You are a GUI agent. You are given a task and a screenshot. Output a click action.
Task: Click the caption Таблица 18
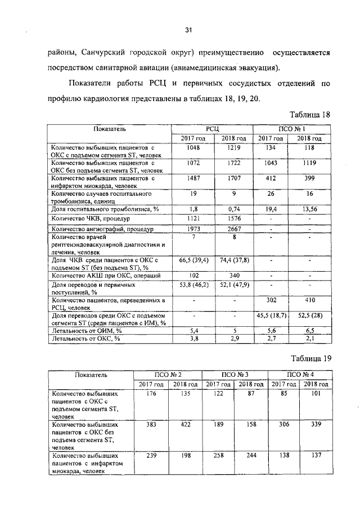tap(309, 114)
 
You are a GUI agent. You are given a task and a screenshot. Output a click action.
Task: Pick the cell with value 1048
tap(193, 147)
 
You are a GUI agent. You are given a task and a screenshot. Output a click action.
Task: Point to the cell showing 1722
tap(233, 163)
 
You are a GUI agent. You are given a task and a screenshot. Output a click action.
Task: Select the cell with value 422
tap(186, 425)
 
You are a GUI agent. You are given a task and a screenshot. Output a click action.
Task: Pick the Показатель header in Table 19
tap(89, 373)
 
